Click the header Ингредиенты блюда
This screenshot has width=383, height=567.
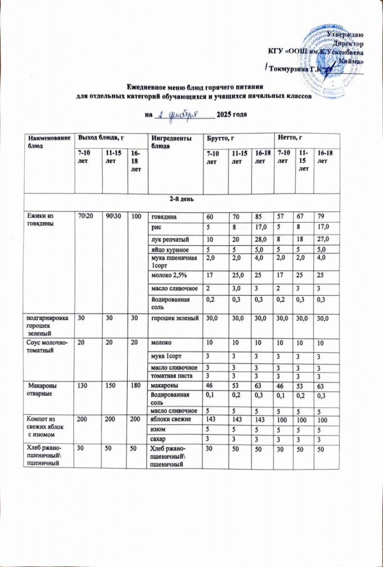[168, 141]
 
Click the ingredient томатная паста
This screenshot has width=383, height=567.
[169, 376]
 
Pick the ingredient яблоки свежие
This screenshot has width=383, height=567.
[169, 420]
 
